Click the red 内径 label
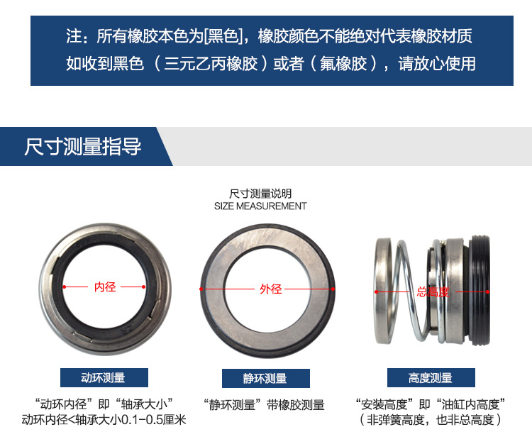[x=105, y=287]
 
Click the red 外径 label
[x=271, y=289]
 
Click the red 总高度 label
[x=433, y=292]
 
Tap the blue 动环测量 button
[x=104, y=377]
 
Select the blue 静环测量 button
[x=266, y=378]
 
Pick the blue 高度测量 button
[x=431, y=377]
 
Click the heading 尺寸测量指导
[x=83, y=147]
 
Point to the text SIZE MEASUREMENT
[x=260, y=206]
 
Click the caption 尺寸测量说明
[x=260, y=194]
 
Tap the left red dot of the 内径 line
[x=65, y=287]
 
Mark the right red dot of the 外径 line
[x=333, y=289]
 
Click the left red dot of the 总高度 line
[x=376, y=292]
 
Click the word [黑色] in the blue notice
[x=223, y=36]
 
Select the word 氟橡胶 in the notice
[x=343, y=63]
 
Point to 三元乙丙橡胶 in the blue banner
[x=211, y=63]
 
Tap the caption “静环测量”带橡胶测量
[x=264, y=405]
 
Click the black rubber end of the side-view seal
[x=480, y=290]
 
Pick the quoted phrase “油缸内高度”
[x=470, y=404]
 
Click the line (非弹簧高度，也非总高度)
[x=431, y=420]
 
